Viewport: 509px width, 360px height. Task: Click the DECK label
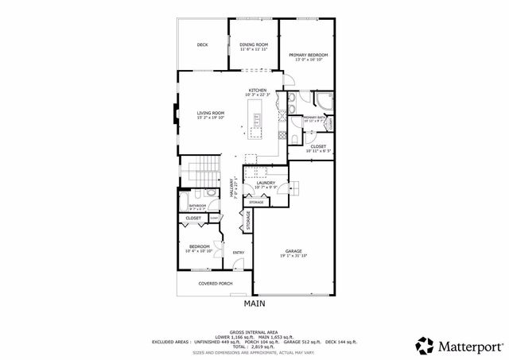[x=203, y=45]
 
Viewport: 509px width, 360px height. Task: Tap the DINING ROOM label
[x=254, y=45]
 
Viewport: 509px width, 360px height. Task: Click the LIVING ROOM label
[x=211, y=113]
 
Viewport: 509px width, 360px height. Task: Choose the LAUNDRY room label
[x=266, y=183]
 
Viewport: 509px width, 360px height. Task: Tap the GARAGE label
[x=293, y=251]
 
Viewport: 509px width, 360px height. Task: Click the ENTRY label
[x=238, y=254]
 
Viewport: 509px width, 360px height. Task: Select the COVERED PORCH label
[x=215, y=283]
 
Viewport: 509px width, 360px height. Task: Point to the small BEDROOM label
[x=199, y=246]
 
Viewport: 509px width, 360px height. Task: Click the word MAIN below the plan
[x=254, y=303]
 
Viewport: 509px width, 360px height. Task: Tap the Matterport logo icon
[x=425, y=345]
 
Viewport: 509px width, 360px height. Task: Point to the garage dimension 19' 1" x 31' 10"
[x=293, y=256]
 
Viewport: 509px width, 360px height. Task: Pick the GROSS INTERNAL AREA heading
[x=254, y=332]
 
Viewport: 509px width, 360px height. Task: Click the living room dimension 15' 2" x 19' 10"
[x=211, y=118]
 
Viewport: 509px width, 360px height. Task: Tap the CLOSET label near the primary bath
[x=318, y=146]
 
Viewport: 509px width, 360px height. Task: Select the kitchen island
[x=258, y=122]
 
